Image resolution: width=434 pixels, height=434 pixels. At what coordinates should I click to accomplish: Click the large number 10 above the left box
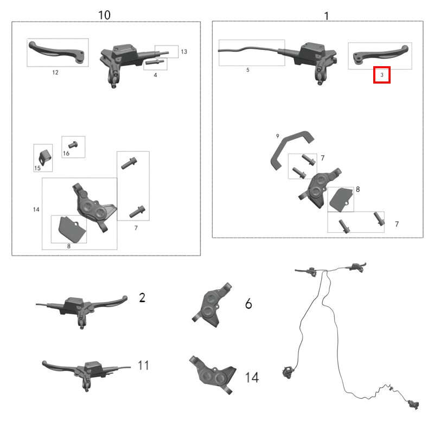point(104,15)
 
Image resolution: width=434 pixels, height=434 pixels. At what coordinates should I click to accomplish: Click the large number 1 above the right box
point(327,16)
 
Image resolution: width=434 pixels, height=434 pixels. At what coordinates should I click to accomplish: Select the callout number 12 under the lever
point(55,73)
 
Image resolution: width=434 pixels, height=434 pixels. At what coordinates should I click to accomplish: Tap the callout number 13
point(184,52)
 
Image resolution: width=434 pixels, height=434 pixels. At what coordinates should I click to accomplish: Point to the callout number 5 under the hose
point(248,70)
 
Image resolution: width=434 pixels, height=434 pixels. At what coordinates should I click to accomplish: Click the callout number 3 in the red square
point(382,75)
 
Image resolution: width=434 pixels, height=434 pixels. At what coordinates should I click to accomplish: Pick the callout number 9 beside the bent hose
point(278,136)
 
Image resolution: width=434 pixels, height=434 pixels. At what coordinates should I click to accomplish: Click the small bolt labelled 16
point(73,144)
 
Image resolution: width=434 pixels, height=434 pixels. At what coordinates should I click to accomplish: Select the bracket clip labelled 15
point(44,158)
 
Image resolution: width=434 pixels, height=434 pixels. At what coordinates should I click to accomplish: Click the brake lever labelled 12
point(57,52)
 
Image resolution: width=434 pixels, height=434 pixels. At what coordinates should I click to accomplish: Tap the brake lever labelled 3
point(381,55)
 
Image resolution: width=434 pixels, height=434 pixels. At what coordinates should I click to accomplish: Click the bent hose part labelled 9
point(292,150)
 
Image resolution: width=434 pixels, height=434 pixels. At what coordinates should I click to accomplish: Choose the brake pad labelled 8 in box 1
point(341,200)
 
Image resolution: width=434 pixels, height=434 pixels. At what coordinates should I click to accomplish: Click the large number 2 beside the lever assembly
point(142,297)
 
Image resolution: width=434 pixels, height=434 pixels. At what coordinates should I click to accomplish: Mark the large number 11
point(143,365)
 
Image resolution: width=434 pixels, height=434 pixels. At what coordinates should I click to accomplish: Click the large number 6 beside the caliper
point(248,304)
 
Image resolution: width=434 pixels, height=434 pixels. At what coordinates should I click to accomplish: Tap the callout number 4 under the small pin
point(155,75)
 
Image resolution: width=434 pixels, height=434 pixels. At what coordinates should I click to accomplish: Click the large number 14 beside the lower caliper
point(252,378)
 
